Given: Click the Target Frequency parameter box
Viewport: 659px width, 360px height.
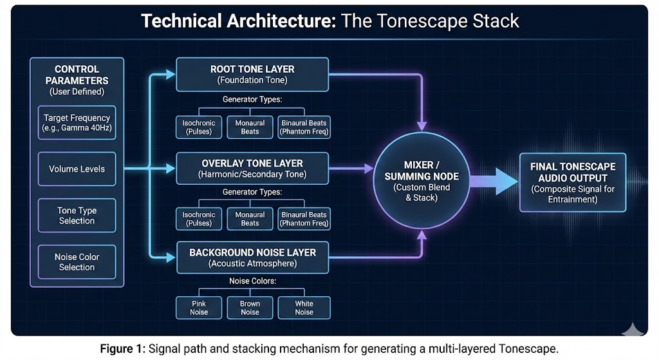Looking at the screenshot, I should [77, 122].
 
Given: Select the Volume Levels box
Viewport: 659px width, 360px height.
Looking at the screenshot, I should [77, 169].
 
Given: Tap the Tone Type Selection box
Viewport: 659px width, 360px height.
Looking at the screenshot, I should [77, 216].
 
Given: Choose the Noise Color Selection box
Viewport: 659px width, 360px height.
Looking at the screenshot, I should [77, 261].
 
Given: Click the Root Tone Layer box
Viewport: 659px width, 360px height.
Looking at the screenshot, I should [252, 74].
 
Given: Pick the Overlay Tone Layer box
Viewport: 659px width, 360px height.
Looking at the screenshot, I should [252, 168].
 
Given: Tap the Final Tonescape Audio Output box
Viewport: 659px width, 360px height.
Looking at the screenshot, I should [573, 182].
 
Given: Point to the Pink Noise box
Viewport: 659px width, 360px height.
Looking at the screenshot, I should [199, 308].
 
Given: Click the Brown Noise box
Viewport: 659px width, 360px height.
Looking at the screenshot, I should [250, 308].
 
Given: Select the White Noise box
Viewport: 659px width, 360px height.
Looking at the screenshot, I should [304, 308].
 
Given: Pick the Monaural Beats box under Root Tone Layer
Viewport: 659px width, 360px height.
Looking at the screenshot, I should [250, 127].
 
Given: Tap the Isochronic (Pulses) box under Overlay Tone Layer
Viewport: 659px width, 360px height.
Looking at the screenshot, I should [199, 219].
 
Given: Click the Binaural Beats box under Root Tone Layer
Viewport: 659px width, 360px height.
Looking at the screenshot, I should [304, 127].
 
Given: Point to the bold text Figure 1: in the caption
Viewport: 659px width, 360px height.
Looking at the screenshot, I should [123, 349].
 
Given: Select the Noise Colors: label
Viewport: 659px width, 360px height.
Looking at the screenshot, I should [252, 281].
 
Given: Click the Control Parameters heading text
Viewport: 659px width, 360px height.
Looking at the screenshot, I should [77, 75].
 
